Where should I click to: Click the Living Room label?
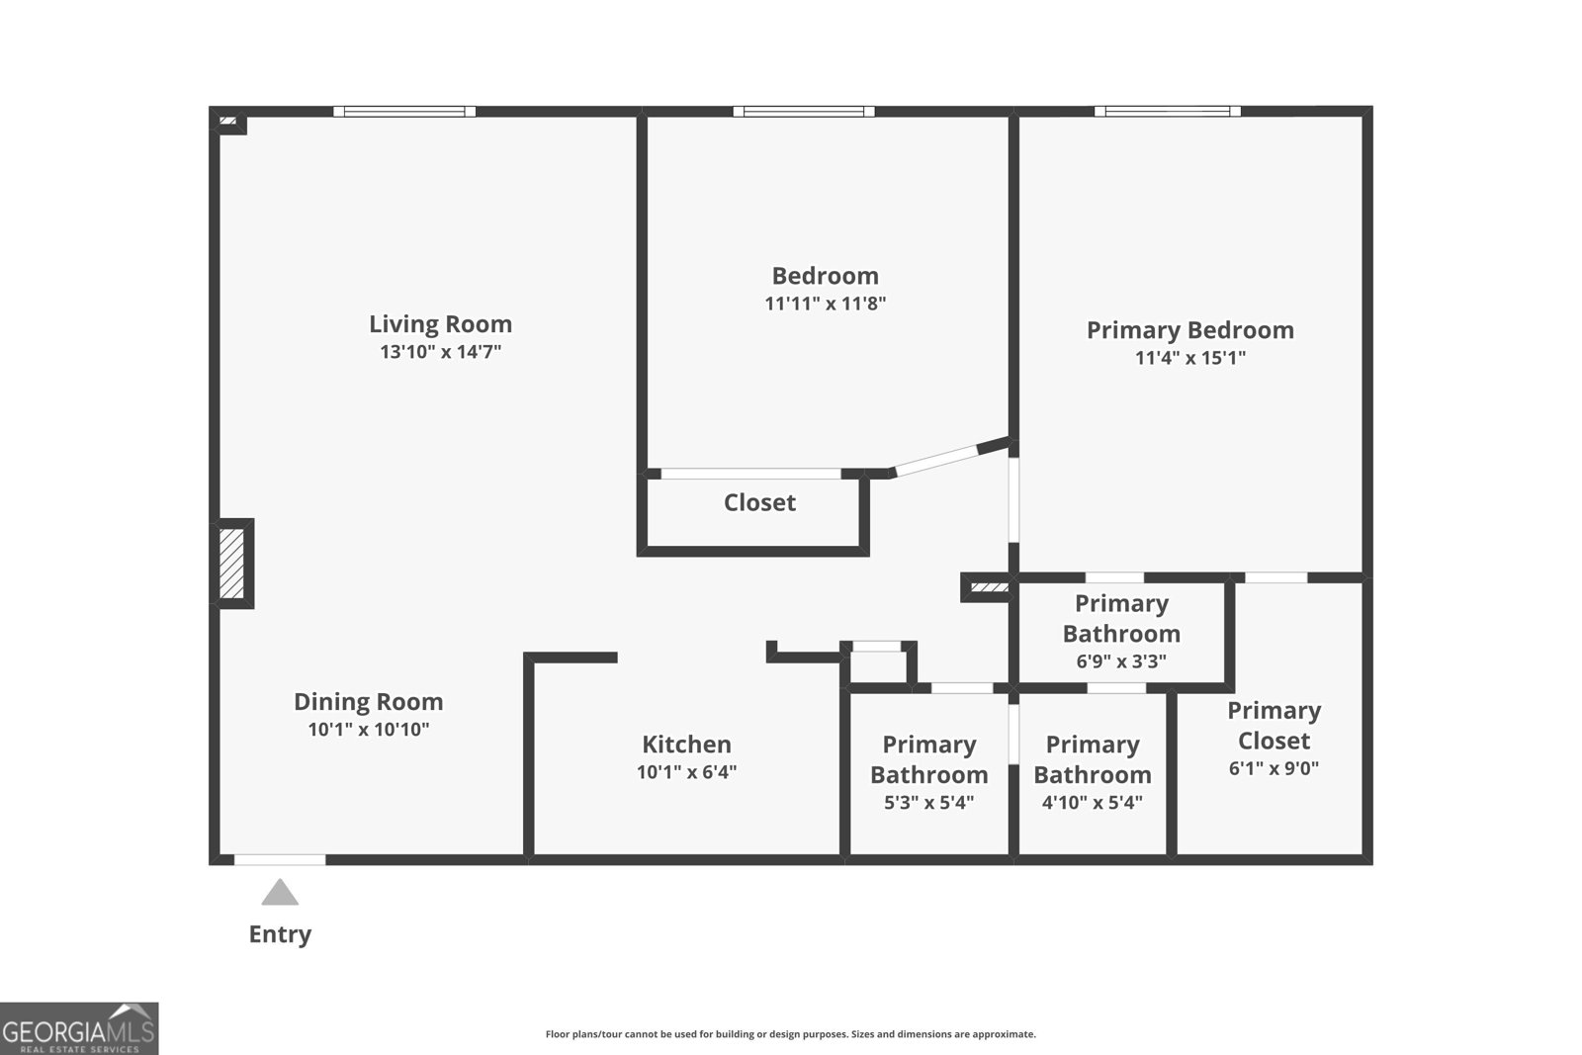point(440,324)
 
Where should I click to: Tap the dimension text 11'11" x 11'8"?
point(825,304)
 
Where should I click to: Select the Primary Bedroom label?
point(1189,330)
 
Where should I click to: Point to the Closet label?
point(759,502)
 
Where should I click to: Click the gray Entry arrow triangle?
point(280,893)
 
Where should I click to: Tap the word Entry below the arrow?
point(280,934)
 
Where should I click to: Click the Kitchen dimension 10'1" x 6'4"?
point(686,772)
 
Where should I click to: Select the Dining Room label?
point(368,702)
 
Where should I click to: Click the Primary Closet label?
point(1274,726)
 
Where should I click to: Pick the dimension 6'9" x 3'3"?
point(1121,661)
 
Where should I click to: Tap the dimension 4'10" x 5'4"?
point(1092,803)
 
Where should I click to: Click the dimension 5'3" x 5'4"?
point(928,803)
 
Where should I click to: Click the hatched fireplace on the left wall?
point(231,564)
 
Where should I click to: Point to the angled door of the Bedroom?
point(936,460)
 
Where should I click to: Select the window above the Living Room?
point(403,112)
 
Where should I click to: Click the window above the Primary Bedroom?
point(1167,112)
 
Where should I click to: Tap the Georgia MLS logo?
point(78,1029)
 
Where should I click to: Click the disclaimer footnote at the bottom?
point(790,1034)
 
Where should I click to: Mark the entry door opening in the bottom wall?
point(280,860)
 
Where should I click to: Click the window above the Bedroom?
point(803,112)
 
